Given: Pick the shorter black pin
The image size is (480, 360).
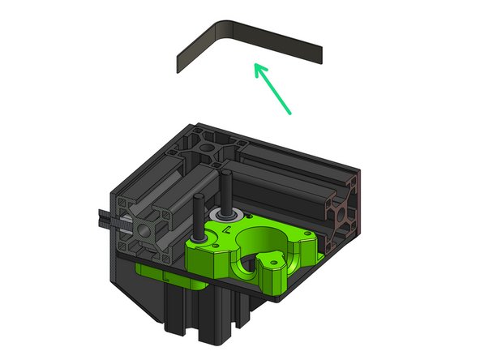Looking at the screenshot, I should point(197,214).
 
